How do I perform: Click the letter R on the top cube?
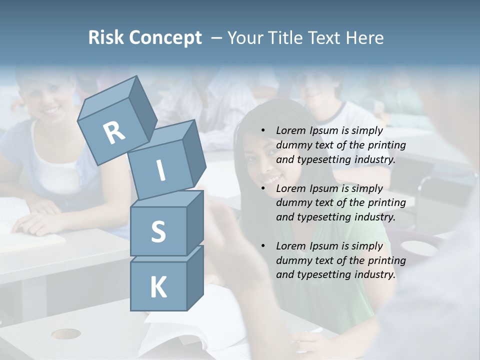click(x=114, y=132)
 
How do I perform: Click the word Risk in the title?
click(x=106, y=38)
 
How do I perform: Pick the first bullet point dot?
click(x=263, y=131)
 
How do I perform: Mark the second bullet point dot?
click(x=263, y=188)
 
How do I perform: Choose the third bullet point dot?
click(x=263, y=246)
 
